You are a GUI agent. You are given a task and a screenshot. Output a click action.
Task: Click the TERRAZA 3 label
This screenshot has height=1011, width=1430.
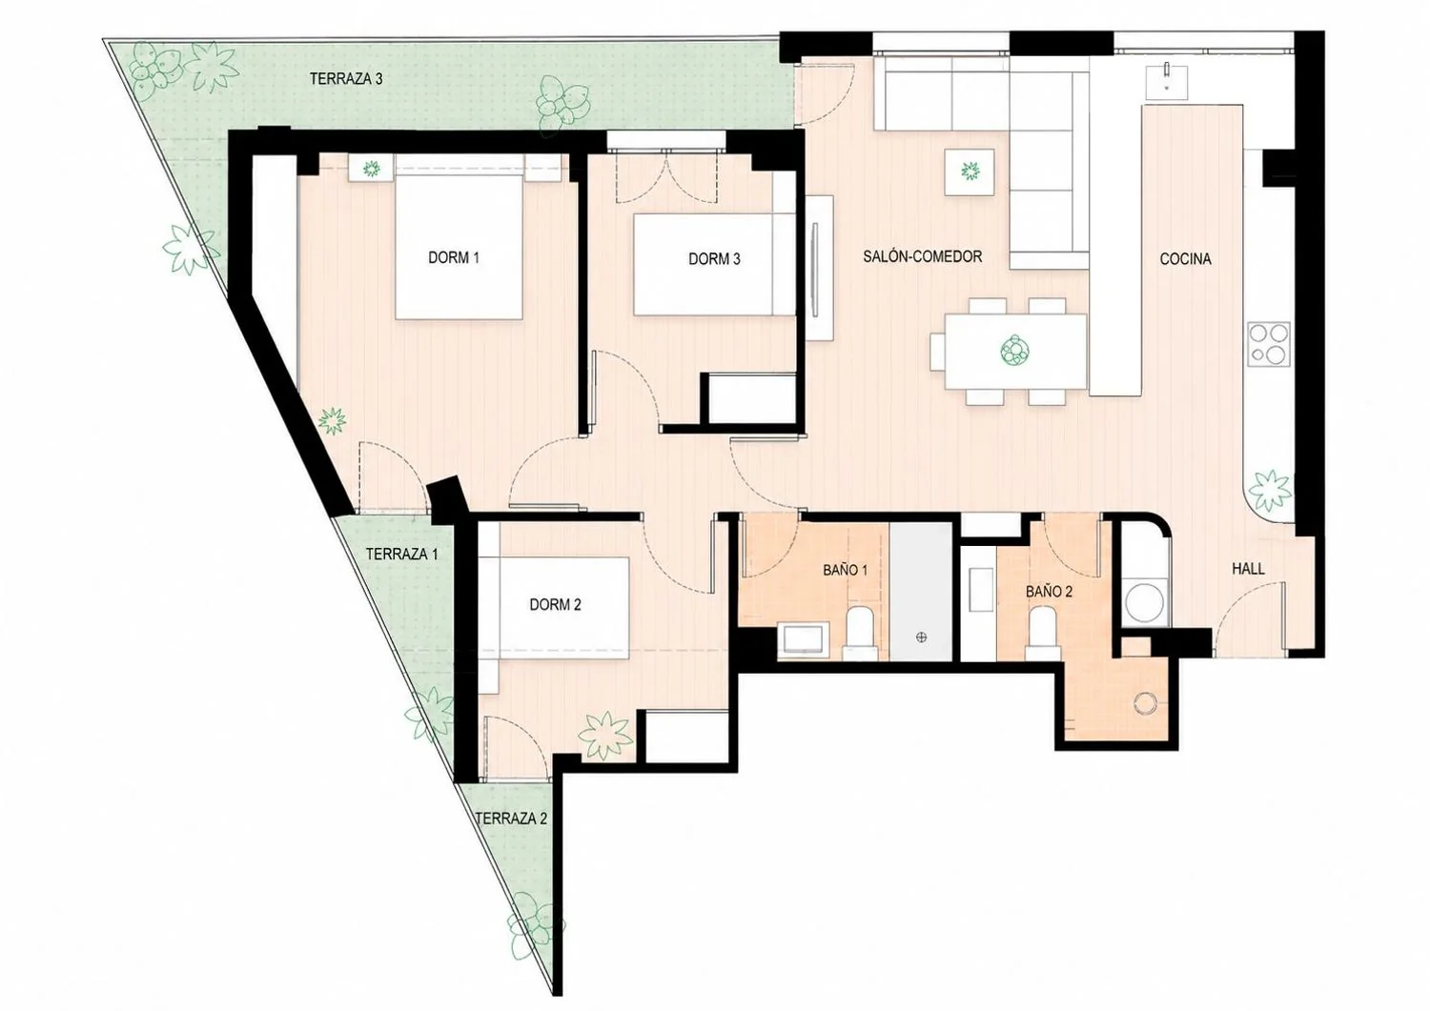pos(346,79)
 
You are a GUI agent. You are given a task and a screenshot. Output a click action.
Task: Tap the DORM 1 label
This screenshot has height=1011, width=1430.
pos(453,258)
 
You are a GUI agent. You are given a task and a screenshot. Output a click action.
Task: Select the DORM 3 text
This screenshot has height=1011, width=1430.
pos(714,259)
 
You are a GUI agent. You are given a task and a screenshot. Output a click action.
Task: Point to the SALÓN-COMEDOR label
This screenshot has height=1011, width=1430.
pos(923,256)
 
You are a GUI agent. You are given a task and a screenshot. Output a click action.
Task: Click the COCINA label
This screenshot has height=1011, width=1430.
pos(1186,259)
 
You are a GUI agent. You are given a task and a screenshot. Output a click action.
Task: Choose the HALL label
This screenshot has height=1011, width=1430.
pos(1248,569)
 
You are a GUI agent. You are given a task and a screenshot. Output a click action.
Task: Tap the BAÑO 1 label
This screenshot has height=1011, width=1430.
pos(846,570)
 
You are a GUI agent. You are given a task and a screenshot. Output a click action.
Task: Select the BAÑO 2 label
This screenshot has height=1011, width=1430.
pos(1050,592)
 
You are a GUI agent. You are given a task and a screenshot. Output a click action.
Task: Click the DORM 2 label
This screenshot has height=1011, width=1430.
pos(556,604)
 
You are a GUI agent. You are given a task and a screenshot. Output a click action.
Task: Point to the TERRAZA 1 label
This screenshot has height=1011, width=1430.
pos(402,554)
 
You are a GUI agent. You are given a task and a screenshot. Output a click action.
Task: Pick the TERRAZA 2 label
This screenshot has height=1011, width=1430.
pos(511,819)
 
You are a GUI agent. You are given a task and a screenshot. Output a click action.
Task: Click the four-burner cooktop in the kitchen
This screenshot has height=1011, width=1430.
pos(1269,344)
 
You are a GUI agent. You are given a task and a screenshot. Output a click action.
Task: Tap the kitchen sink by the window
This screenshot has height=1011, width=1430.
pos(1166,80)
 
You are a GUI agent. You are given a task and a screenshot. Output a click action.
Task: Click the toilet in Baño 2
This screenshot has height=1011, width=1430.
pos(1043,634)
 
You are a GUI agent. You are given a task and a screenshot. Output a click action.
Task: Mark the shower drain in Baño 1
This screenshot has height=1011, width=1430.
pos(921,637)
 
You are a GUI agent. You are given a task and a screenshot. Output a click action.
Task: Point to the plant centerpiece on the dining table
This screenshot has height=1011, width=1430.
pos(1015,351)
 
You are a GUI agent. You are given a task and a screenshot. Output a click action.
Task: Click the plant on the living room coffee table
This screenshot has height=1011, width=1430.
pos(970,171)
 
